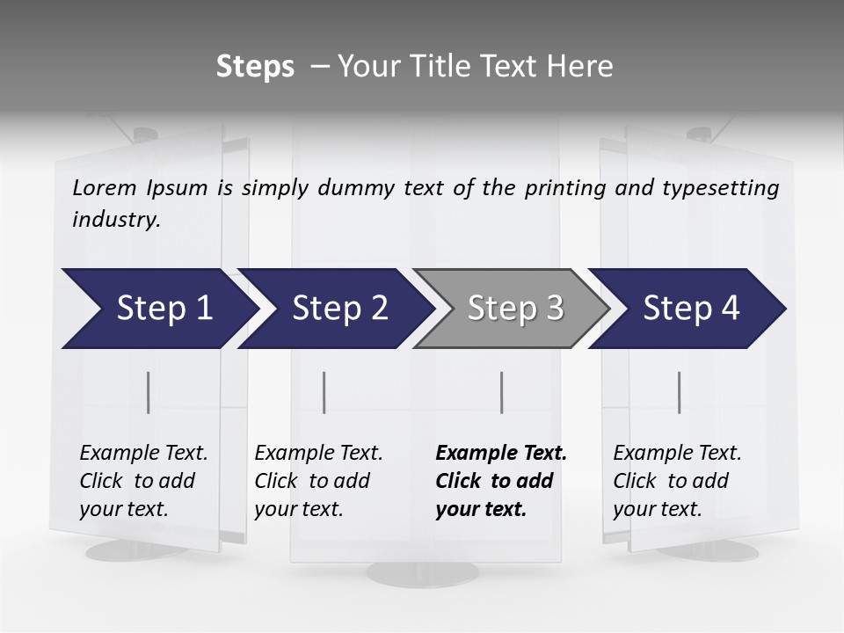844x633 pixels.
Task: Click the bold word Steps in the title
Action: coord(255,67)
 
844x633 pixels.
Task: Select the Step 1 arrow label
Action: coord(164,309)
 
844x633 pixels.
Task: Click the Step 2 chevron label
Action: coord(340,309)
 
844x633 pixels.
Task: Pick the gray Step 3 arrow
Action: coord(515,309)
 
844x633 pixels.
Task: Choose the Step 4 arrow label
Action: coord(691,309)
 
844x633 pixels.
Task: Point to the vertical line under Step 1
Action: coord(149,392)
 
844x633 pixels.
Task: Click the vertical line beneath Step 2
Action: coord(324,392)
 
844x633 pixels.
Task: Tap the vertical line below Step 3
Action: coord(502,392)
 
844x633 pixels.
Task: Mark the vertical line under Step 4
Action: coord(680,392)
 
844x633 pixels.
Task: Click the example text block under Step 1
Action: coord(143,481)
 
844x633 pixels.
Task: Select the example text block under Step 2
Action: coord(318,481)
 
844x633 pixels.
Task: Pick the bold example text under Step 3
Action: coord(501,481)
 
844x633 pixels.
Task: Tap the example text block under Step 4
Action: coord(677,481)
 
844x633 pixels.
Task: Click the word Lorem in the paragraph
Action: coord(105,188)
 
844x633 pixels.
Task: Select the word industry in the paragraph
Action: coord(116,220)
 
